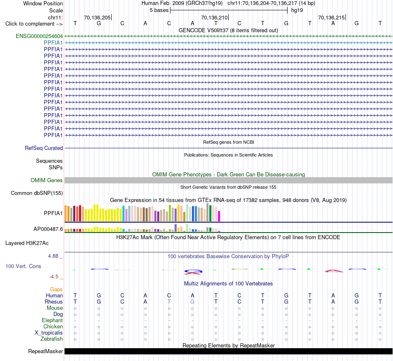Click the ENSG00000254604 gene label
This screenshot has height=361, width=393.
coord(39,36)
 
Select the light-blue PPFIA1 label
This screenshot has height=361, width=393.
coord(53,43)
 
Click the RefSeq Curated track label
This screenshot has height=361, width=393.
coord(44,148)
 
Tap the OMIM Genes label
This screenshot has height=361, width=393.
coord(47,180)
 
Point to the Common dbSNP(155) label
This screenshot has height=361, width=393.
coord(37,193)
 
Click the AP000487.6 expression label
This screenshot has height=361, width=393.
coord(48,229)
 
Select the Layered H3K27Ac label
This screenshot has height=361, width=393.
coord(27,243)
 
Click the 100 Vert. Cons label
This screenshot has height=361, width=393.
coord(23,266)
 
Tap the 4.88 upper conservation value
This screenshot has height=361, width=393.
coord(53,256)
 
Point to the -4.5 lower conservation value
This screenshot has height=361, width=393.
coord(54,277)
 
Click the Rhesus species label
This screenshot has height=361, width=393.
coord(54,302)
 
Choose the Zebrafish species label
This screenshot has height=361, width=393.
coord(52,339)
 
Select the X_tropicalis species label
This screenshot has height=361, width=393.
coord(49,333)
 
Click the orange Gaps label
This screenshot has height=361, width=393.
coord(56,290)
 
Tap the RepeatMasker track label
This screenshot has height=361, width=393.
coord(46,351)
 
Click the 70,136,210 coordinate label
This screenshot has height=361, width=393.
coord(214,18)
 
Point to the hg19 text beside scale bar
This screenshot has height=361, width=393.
coord(297,10)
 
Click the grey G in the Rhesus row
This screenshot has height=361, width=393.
coord(192,302)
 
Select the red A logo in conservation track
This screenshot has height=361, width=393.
coord(333,271)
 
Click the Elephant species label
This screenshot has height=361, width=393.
coord(53,321)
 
